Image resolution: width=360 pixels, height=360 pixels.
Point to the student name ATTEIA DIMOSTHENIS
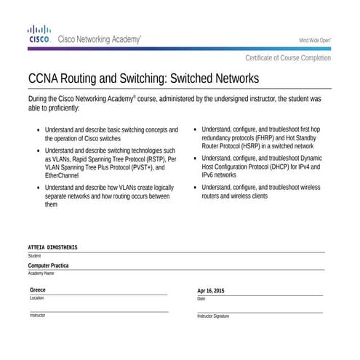click(52, 248)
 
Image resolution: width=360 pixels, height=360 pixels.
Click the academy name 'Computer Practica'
click(49, 266)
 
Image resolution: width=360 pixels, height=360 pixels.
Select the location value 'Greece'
click(38, 290)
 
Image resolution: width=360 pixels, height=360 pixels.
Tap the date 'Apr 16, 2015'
click(211, 291)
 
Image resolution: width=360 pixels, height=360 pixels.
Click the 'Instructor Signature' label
click(213, 316)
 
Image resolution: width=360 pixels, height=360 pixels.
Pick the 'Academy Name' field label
click(41, 273)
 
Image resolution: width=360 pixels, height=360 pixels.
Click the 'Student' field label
click(35, 256)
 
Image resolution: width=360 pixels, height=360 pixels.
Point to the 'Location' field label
click(37, 298)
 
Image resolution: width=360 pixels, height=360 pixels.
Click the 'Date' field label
click(201, 299)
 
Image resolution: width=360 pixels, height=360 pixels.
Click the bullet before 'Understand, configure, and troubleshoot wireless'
click(194, 188)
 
